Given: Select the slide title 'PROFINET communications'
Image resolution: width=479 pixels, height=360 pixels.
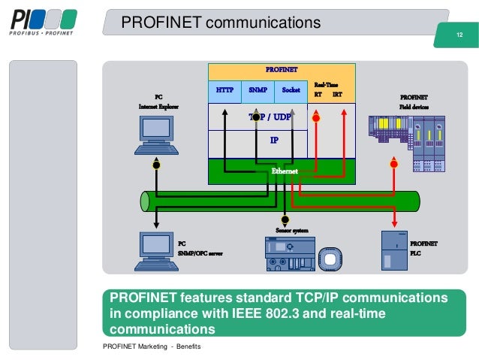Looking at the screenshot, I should pos(221,24).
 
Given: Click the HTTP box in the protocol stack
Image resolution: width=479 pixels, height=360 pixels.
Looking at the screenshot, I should pos(224,90).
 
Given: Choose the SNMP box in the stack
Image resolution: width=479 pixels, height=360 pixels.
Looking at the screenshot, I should pos(258,90).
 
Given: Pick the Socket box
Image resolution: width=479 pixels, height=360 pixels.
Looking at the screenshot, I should pos(291,90).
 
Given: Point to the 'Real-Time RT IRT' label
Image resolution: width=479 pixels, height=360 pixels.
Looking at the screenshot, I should pos(327,91).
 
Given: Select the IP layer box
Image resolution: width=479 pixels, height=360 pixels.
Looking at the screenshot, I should pos(274,140).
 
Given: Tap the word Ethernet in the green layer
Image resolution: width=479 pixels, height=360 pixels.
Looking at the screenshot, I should pos(285,171).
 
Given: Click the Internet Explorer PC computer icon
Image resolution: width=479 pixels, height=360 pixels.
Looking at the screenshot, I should pos(156,135).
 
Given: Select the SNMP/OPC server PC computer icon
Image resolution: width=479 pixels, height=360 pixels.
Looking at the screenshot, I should pos(155,251).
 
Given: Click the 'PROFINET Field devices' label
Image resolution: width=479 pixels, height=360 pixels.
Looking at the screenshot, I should pos(414,101).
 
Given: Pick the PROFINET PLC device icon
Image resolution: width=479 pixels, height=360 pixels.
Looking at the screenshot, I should pos(394,250).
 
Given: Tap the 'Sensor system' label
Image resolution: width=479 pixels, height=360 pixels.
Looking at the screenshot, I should pos(291,230).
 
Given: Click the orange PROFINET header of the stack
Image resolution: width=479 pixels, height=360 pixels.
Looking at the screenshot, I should pos(282,70).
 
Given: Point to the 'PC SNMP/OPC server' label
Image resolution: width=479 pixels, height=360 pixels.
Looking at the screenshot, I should pos(200,249).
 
